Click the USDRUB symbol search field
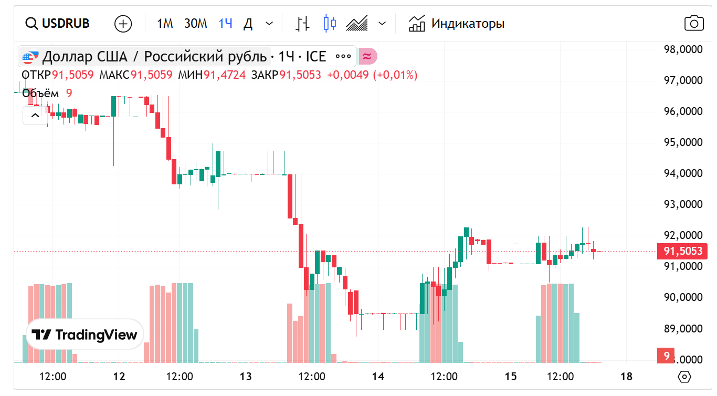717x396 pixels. click(x=58, y=24)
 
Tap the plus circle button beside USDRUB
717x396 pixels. click(x=123, y=24)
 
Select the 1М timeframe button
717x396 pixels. click(x=165, y=24)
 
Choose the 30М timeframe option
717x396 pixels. click(x=195, y=24)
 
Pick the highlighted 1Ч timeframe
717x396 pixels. click(x=226, y=24)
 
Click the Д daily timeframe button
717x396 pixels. click(x=249, y=24)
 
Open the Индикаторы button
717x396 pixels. click(x=457, y=24)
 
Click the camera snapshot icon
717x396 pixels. click(x=694, y=24)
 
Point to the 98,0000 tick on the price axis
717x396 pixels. click(x=683, y=49)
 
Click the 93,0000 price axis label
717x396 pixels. click(x=683, y=204)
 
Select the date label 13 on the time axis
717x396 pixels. click(x=245, y=377)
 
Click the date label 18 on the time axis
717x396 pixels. click(x=626, y=377)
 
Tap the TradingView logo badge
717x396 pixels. click(x=85, y=335)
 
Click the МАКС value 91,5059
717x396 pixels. click(x=151, y=75)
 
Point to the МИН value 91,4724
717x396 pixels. click(x=224, y=75)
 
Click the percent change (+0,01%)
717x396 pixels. click(x=395, y=75)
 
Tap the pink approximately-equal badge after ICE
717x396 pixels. click(x=367, y=56)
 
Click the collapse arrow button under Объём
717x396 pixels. click(x=35, y=116)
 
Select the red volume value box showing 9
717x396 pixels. click(x=666, y=356)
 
